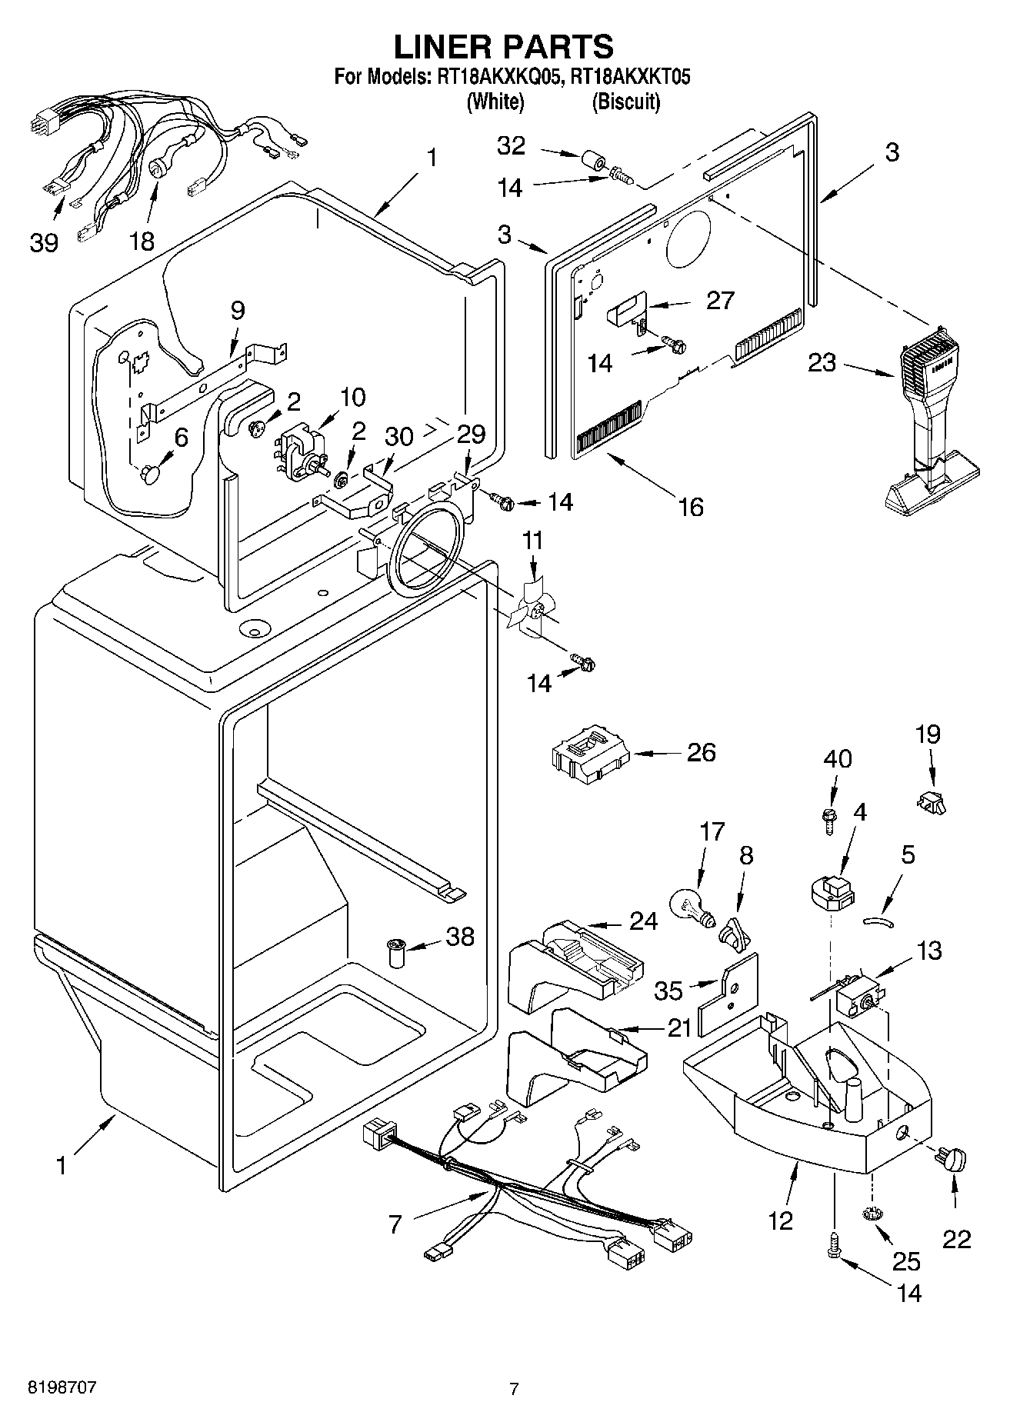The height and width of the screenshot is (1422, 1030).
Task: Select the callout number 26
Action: click(701, 751)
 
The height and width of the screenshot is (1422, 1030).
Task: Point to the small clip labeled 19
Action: click(931, 802)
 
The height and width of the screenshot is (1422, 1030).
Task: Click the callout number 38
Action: click(460, 936)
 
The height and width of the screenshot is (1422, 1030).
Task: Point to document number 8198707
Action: click(62, 1388)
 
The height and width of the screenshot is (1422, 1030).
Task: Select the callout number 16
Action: click(690, 506)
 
